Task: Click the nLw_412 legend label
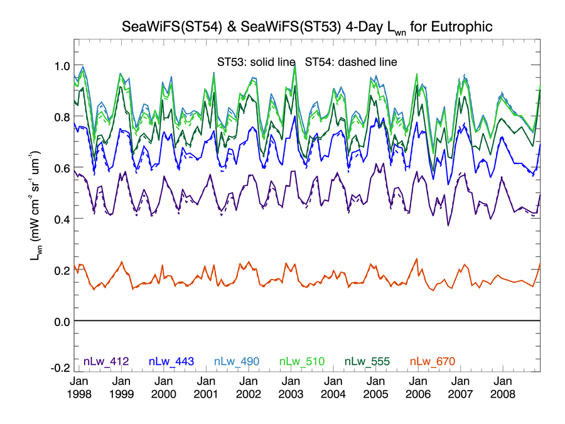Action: tap(106, 361)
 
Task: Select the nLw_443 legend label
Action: tap(171, 361)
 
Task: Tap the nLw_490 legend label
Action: tap(237, 361)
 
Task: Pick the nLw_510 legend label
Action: tap(303, 361)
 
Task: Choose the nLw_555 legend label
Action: tap(367, 361)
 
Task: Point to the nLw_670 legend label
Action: tap(432, 361)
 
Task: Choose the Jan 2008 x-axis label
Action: tap(503, 388)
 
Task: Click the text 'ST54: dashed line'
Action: tap(352, 62)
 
